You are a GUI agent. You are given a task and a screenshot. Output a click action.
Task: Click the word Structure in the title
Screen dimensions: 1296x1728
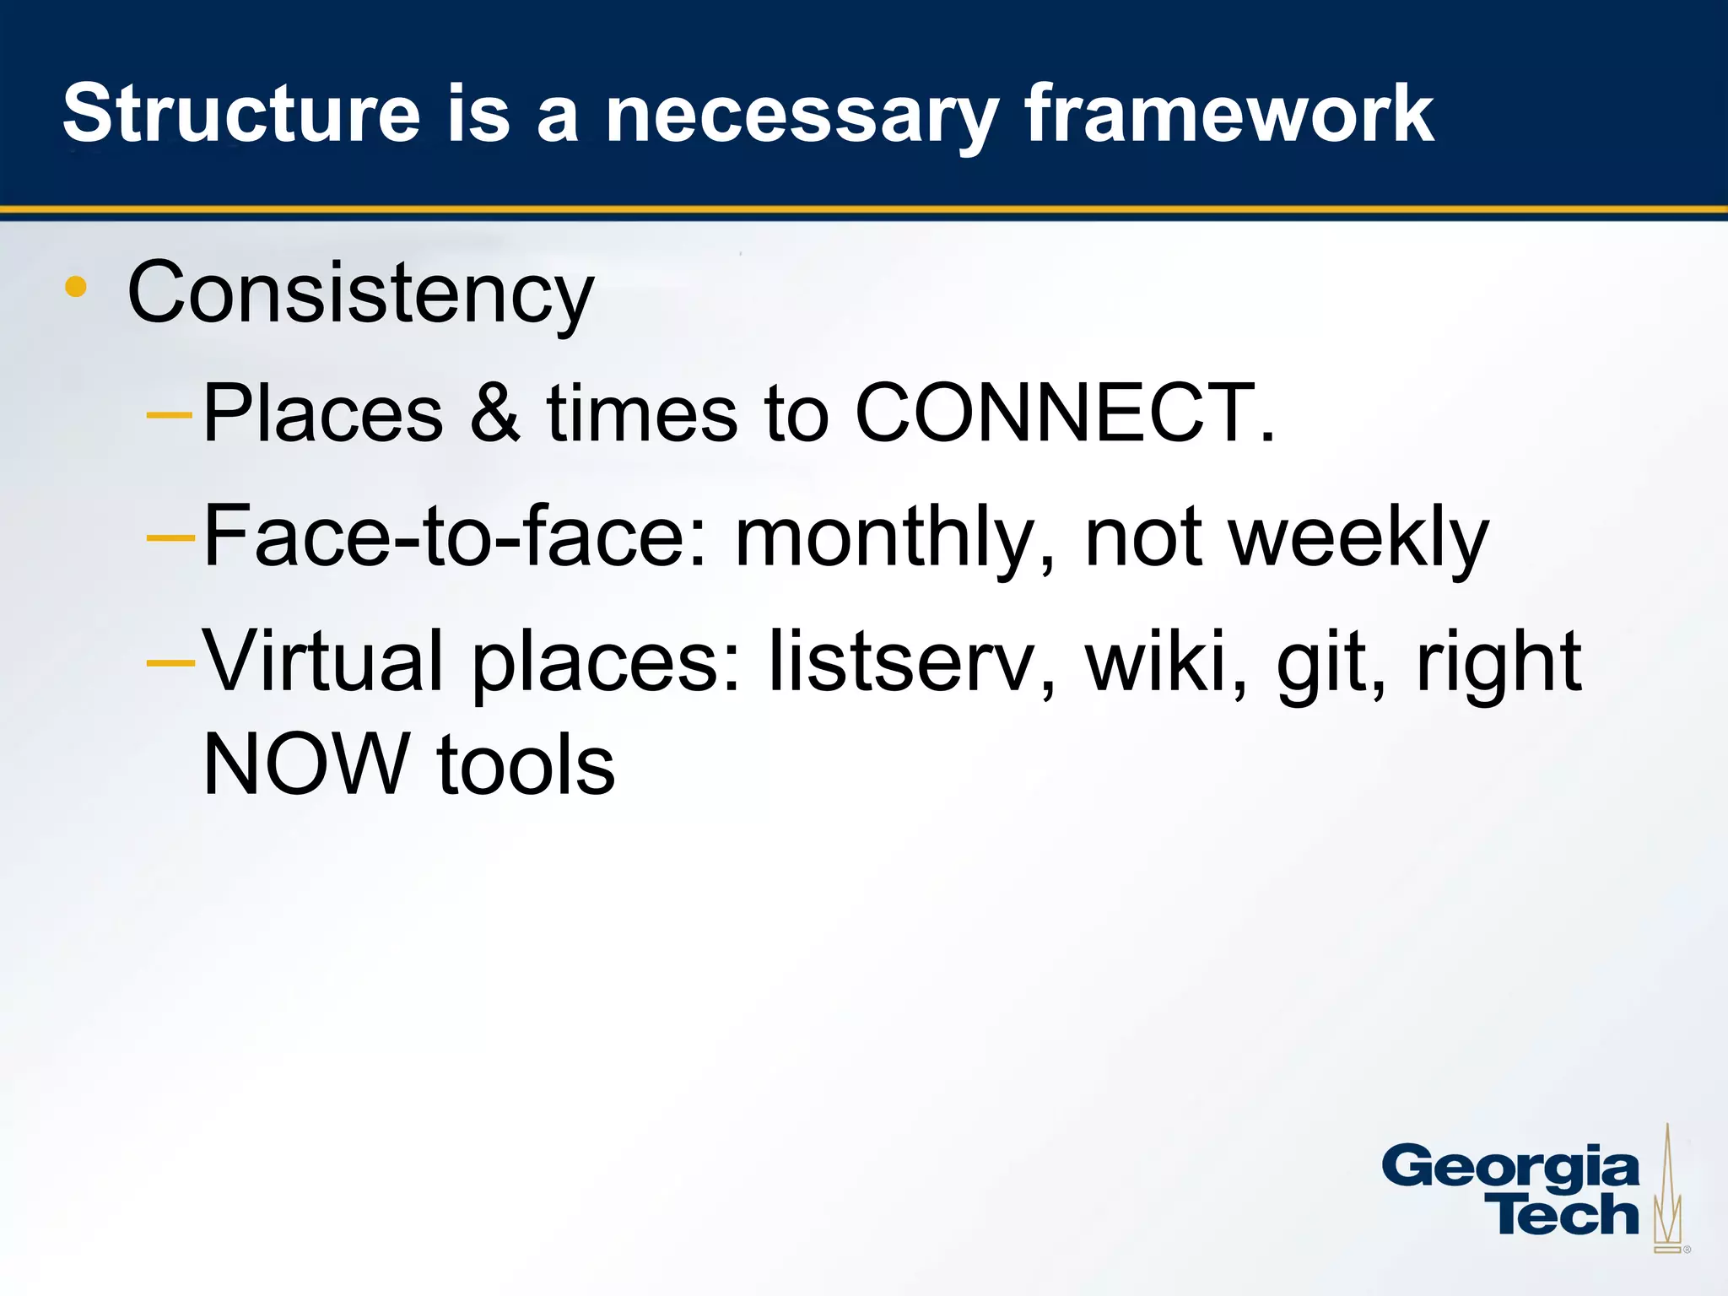241,114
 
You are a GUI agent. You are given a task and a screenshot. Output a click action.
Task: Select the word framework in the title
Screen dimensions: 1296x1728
1228,114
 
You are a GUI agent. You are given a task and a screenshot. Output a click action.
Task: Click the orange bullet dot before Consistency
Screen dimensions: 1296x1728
76,287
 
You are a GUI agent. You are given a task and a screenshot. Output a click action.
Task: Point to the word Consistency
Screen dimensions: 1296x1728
360,293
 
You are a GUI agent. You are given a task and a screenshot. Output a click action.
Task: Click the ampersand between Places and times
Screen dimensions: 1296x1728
494,413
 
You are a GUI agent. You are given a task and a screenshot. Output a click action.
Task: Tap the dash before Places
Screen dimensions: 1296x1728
170,414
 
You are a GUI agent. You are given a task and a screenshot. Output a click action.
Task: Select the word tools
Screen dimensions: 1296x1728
526,764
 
